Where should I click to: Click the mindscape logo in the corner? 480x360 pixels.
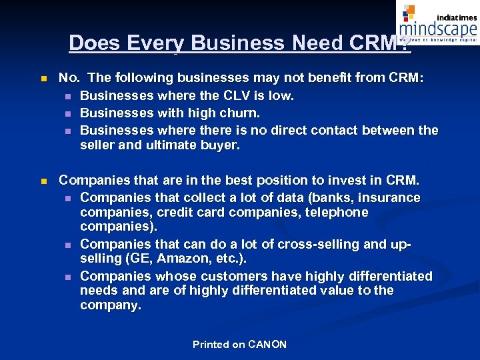tap(437, 23)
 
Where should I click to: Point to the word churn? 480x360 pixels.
tap(239, 113)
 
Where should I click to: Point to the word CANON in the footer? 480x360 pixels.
tap(267, 345)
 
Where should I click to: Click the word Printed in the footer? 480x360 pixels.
tap(211, 345)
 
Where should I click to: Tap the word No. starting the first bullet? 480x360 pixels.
tap(69, 78)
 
